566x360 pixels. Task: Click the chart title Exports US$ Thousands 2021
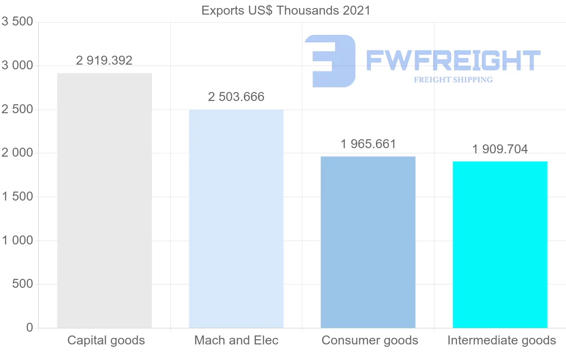tap(286, 10)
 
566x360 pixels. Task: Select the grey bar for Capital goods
tap(104, 201)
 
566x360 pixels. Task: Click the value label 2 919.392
tap(104, 60)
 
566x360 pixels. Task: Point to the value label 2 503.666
tap(236, 97)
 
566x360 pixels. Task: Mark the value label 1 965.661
tap(368, 144)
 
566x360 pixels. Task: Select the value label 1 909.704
tap(500, 149)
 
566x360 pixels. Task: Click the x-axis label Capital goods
tap(106, 340)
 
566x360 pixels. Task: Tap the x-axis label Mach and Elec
tap(236, 340)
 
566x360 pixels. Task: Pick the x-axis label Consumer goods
tap(370, 340)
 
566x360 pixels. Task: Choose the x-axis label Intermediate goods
tap(501, 340)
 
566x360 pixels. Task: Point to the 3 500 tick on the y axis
tap(17, 22)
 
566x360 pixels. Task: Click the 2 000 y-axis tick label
tap(17, 153)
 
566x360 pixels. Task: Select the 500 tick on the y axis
tap(22, 284)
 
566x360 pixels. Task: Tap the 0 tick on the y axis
tap(30, 327)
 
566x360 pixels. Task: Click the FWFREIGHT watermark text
tap(453, 60)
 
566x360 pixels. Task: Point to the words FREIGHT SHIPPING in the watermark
tap(453, 80)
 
